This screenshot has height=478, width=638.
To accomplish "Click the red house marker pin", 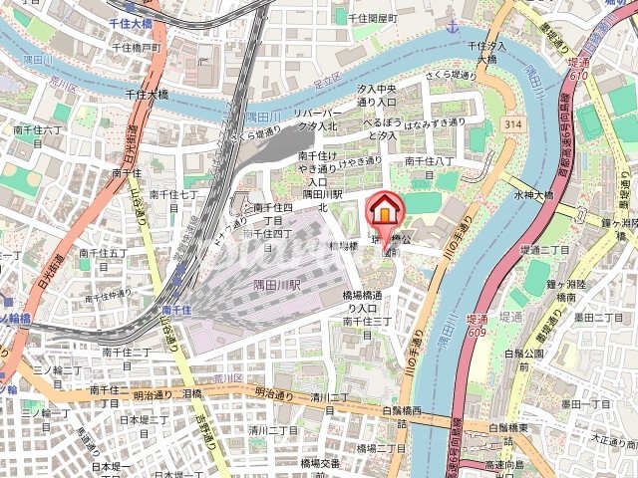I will coord(383,213).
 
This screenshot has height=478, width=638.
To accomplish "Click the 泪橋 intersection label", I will coord(192,394).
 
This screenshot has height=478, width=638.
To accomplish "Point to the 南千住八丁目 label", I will coord(430,166).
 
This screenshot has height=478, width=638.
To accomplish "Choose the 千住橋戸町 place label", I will coord(138,47).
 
